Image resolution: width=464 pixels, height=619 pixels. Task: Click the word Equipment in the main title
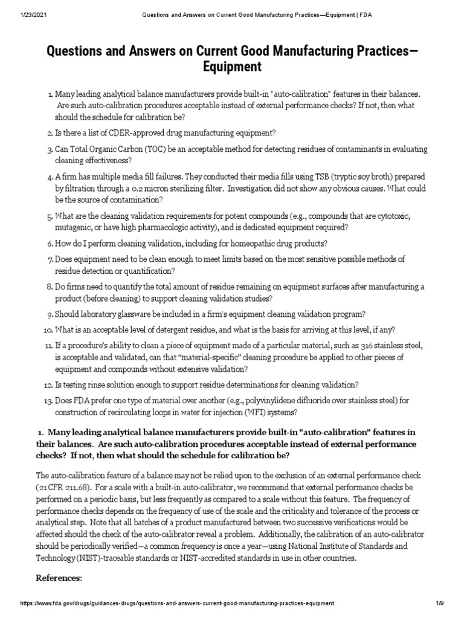(x=232, y=67)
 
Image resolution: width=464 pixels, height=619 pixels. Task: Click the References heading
(x=59, y=578)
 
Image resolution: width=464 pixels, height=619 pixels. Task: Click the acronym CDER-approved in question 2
(x=125, y=132)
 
